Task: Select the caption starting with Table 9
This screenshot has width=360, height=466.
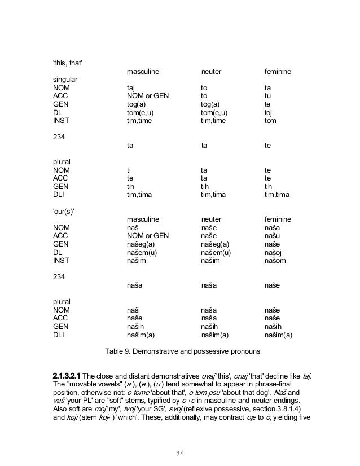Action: coord(183,353)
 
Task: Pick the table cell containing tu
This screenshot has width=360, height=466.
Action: coord(268,96)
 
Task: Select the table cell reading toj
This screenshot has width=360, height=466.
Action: coord(269,112)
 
